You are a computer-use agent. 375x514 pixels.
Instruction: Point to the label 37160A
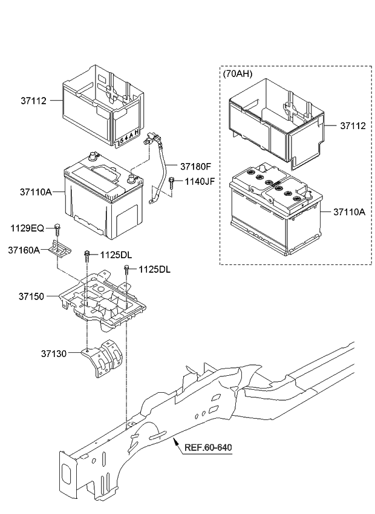(24, 249)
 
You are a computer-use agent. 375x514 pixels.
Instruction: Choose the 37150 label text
(31, 296)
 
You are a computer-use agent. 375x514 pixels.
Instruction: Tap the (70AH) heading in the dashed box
(238, 74)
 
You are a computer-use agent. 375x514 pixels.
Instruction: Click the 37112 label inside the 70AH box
(353, 126)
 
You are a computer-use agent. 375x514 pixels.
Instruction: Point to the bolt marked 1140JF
(172, 182)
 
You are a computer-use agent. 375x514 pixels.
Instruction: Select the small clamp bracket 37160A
(62, 249)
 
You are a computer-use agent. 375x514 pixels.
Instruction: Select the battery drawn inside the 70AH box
(276, 210)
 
